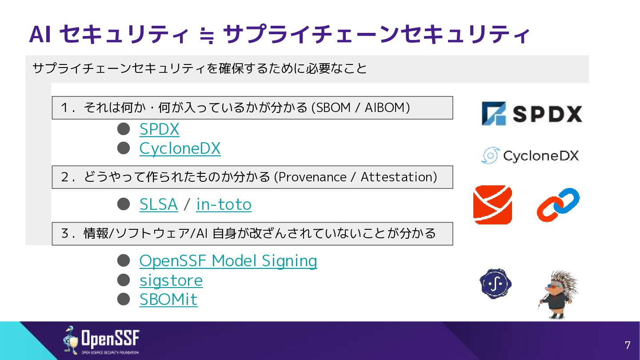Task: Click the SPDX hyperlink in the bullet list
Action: pos(159,129)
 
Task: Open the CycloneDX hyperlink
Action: pos(180,148)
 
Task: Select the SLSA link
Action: pos(159,204)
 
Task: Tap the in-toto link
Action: pos(224,204)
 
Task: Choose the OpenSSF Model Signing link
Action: pos(228,261)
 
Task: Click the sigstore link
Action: pos(171,280)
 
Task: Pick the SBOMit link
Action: pos(168,300)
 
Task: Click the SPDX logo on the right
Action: pos(532,113)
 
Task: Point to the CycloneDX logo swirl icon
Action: pos(490,156)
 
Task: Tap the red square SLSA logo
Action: pos(492,204)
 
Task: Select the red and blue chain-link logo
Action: pos(558,204)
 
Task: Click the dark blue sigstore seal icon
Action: pos(496,284)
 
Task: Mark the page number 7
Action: pos(628,345)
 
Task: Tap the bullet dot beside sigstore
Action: pos(124,280)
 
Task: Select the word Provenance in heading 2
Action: pos(312,177)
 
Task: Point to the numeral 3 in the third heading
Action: pos(64,233)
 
